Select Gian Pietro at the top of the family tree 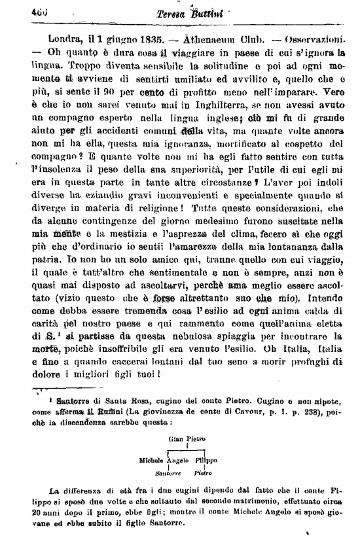click(x=187, y=439)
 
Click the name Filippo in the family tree click(x=207, y=460)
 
